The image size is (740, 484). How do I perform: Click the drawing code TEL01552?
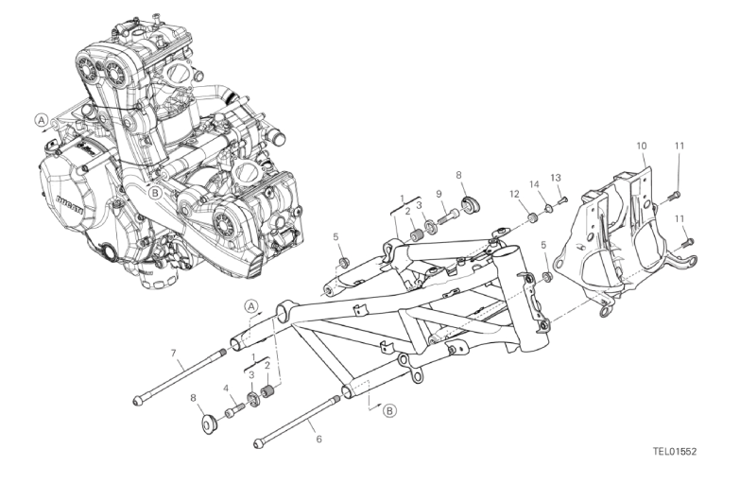pyautogui.click(x=675, y=451)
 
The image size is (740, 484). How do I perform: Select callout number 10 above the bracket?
pyautogui.click(x=642, y=146)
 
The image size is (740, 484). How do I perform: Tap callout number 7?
pyautogui.click(x=173, y=353)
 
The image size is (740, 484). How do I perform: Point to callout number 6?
pyautogui.click(x=319, y=440)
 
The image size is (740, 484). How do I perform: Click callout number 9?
pyautogui.click(x=439, y=193)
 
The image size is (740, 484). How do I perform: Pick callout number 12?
pyautogui.click(x=514, y=194)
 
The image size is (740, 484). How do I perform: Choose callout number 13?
pyautogui.click(x=556, y=178)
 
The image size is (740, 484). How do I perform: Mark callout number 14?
pyautogui.click(x=534, y=184)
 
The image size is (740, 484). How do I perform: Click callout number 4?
pyautogui.click(x=226, y=389)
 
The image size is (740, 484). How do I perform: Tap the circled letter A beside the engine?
pyautogui.click(x=42, y=120)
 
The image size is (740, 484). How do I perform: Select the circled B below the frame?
pyautogui.click(x=389, y=410)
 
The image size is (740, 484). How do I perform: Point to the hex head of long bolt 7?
pyautogui.click(x=137, y=402)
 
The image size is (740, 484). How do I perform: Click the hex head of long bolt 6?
pyautogui.click(x=258, y=444)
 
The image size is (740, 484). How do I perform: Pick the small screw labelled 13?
pyautogui.click(x=562, y=200)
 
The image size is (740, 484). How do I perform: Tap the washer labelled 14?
pyautogui.click(x=548, y=207)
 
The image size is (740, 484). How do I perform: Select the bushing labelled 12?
pyautogui.click(x=533, y=217)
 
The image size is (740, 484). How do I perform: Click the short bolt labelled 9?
pyautogui.click(x=448, y=217)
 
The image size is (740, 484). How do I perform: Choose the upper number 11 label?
pyautogui.click(x=679, y=146)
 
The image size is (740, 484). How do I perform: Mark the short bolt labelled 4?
pyautogui.click(x=234, y=409)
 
